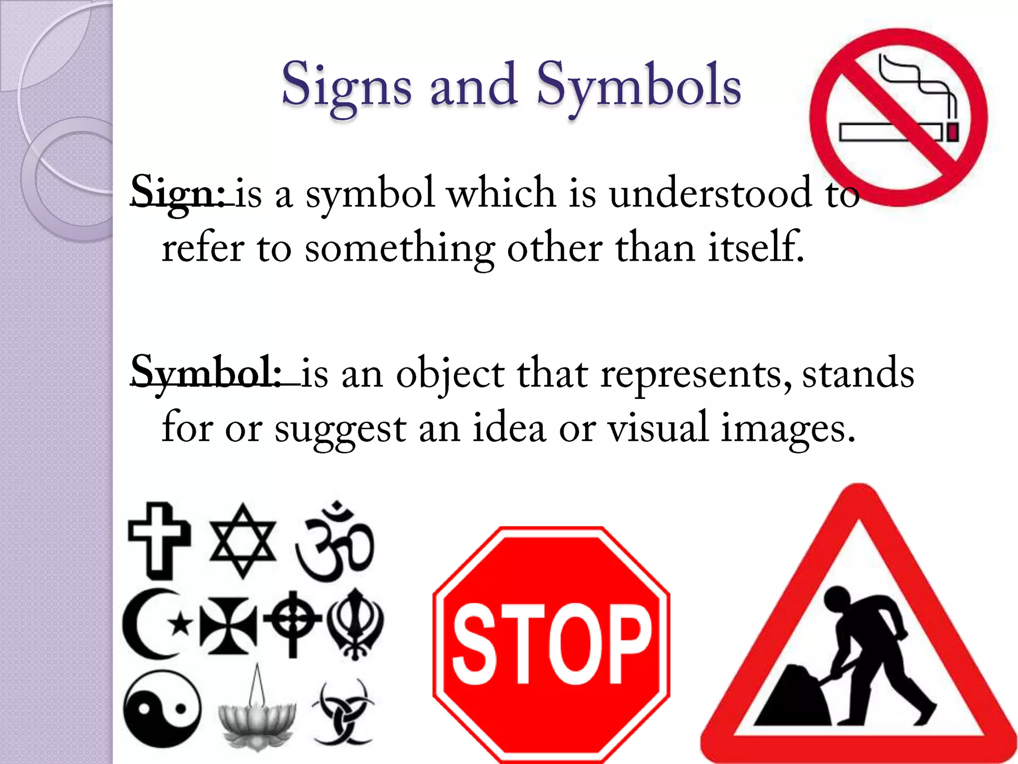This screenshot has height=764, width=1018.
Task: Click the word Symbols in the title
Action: click(639, 86)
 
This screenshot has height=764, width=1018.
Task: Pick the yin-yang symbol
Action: click(162, 708)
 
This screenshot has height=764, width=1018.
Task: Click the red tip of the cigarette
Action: click(952, 133)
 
